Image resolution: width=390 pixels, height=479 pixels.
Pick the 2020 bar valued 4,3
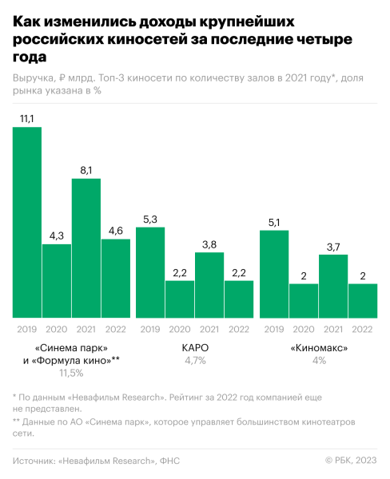57,280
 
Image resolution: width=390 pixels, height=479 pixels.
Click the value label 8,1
86,169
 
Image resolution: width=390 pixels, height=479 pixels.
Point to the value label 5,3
150,218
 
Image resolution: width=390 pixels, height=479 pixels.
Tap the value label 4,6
116,230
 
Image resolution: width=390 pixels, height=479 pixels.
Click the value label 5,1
274,221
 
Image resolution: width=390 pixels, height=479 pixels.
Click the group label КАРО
195,348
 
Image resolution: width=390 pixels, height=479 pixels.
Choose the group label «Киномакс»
319,348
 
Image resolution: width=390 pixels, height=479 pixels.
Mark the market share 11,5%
71,373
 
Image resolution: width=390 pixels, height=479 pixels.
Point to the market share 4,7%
195,361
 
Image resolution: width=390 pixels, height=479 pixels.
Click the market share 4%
319,361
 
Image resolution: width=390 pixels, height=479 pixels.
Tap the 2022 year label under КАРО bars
239,328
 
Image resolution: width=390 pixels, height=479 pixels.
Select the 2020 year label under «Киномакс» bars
304,328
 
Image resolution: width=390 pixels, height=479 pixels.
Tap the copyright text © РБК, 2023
351,460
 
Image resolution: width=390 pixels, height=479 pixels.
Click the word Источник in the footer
37,460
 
